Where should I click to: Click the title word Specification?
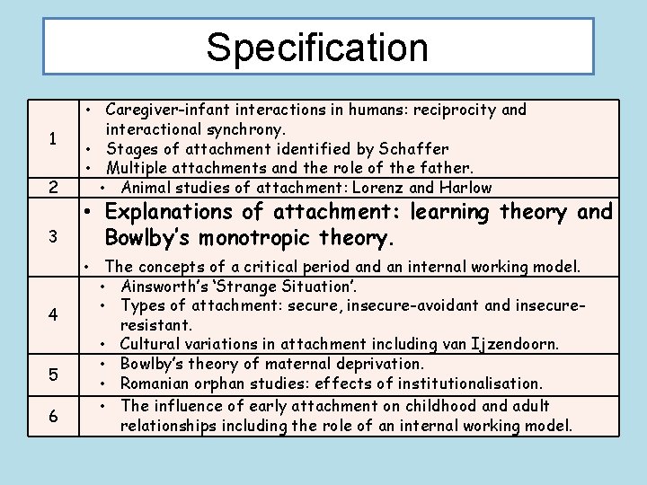pos(318,47)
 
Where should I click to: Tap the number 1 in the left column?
pos(55,139)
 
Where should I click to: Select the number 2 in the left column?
pos(55,188)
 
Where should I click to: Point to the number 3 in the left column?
pos(55,237)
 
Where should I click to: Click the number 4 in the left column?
pos(55,315)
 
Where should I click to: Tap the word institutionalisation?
pos(467,384)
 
